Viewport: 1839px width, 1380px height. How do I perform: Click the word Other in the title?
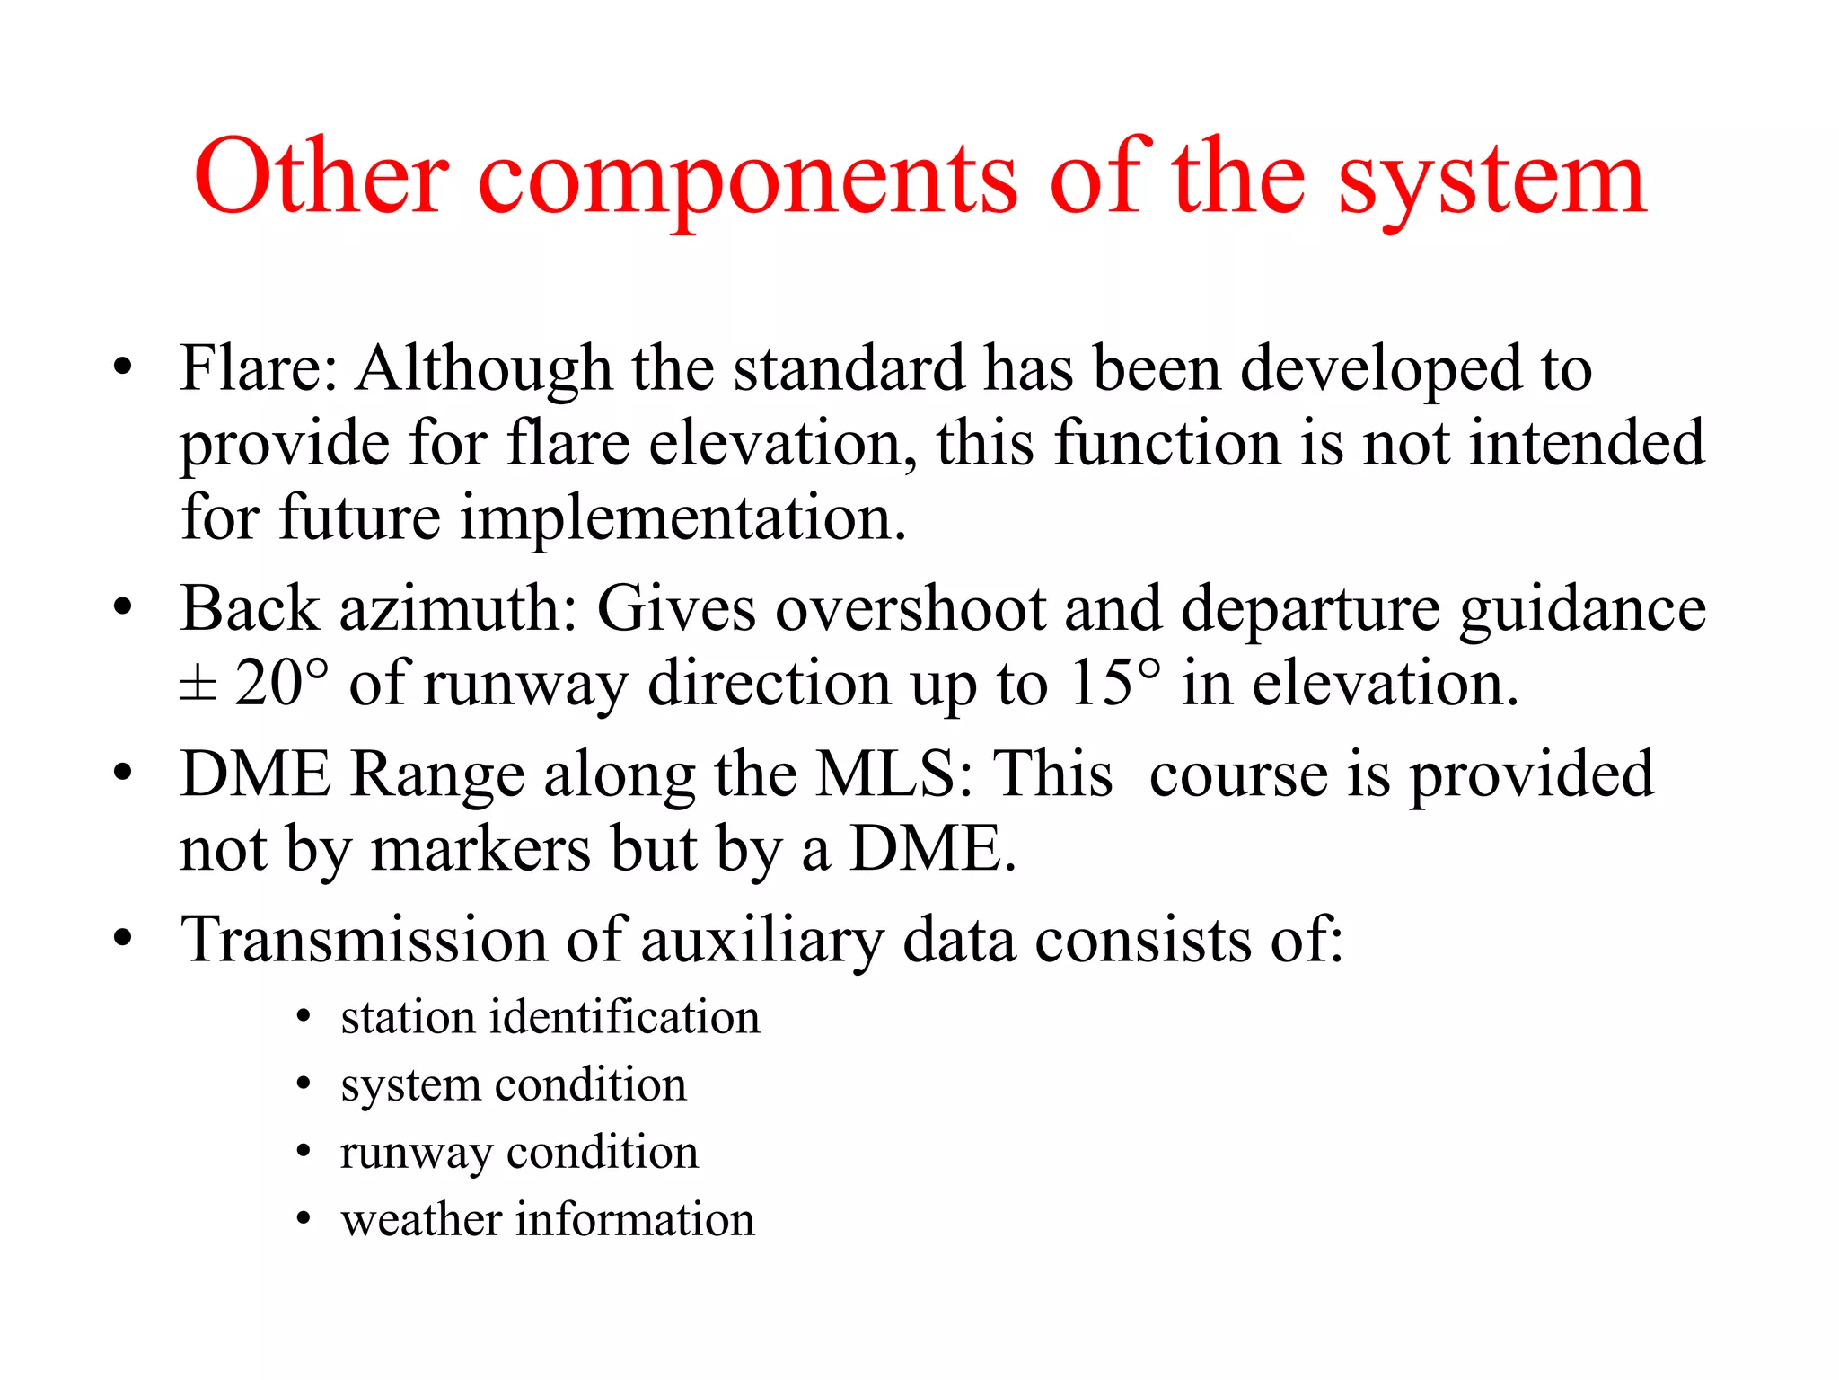pos(321,176)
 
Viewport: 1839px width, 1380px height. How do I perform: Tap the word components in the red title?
pos(747,180)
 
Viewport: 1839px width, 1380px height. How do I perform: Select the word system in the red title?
pos(1491,180)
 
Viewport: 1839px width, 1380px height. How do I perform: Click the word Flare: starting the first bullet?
pos(259,368)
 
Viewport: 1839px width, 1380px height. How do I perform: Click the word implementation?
pos(682,519)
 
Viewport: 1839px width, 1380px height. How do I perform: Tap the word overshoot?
pos(911,609)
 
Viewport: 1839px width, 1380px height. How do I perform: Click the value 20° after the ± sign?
pos(281,684)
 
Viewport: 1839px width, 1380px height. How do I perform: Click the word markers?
pos(480,849)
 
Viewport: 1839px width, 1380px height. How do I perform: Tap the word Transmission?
pos(363,941)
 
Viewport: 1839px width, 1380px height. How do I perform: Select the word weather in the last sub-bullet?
pos(419,1220)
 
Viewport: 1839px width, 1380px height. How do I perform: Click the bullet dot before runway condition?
pos(304,1152)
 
